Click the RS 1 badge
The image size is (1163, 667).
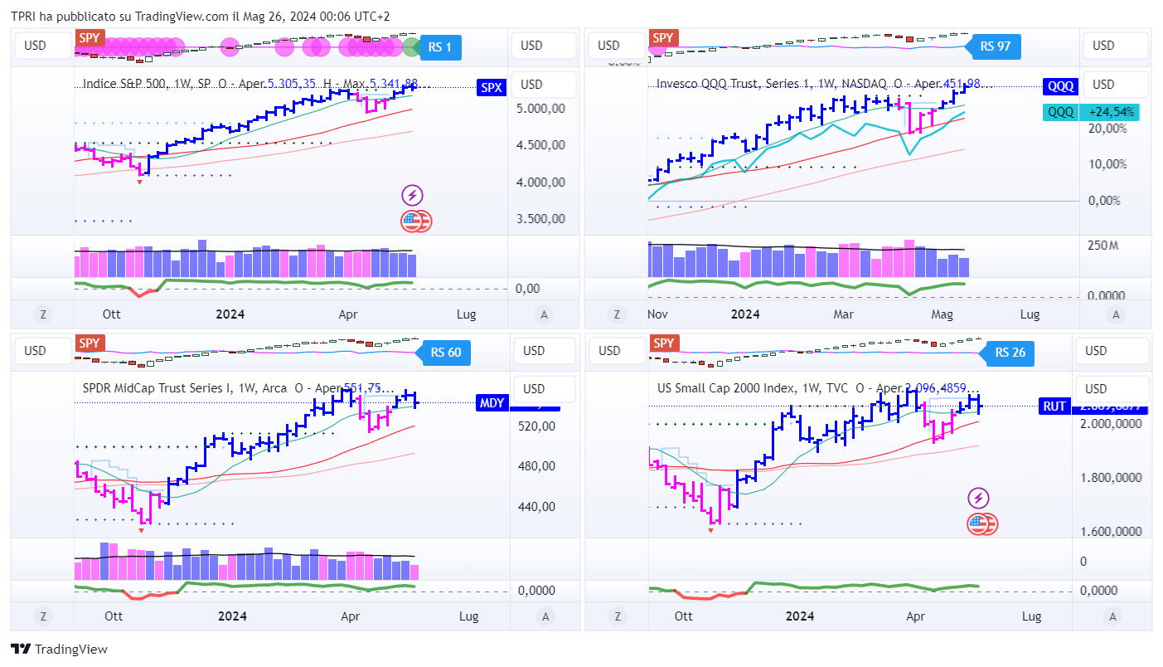(440, 46)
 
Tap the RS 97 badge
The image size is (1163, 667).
(995, 46)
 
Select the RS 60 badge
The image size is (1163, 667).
(445, 353)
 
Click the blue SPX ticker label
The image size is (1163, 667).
(492, 87)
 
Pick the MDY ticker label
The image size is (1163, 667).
(492, 403)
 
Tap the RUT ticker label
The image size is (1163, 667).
(1054, 406)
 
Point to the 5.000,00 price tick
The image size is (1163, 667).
(542, 108)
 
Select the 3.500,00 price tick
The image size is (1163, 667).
(542, 219)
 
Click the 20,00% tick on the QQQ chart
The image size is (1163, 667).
(1107, 129)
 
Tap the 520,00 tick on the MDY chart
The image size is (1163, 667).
(537, 426)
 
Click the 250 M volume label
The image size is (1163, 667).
(1103, 246)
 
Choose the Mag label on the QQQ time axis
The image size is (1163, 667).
(942, 314)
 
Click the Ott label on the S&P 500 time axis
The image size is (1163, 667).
(112, 314)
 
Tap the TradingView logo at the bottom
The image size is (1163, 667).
(59, 650)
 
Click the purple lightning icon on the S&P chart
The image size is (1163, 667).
(413, 196)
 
